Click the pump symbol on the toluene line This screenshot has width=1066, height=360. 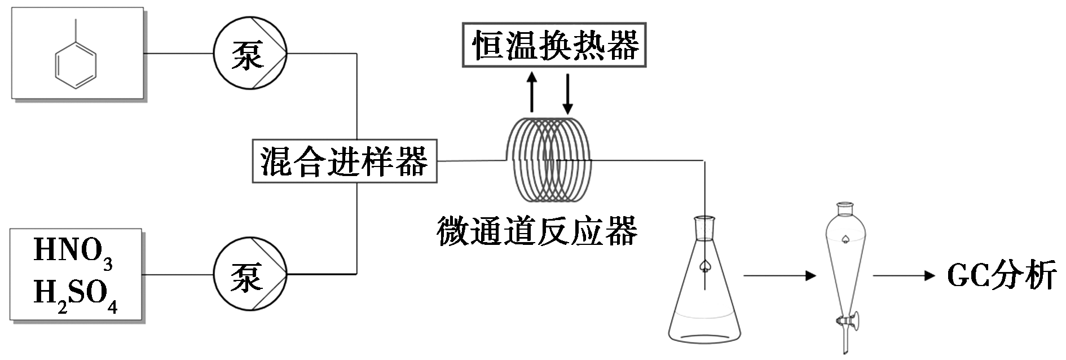(x=250, y=54)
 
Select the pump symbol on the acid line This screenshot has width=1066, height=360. (x=250, y=274)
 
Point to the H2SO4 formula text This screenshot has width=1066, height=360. (x=76, y=295)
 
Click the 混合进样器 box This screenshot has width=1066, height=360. (x=345, y=161)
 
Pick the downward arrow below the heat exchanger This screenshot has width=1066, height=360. (x=568, y=93)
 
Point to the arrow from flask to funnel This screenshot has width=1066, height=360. (x=780, y=276)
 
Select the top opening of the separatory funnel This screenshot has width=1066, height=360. (x=844, y=209)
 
